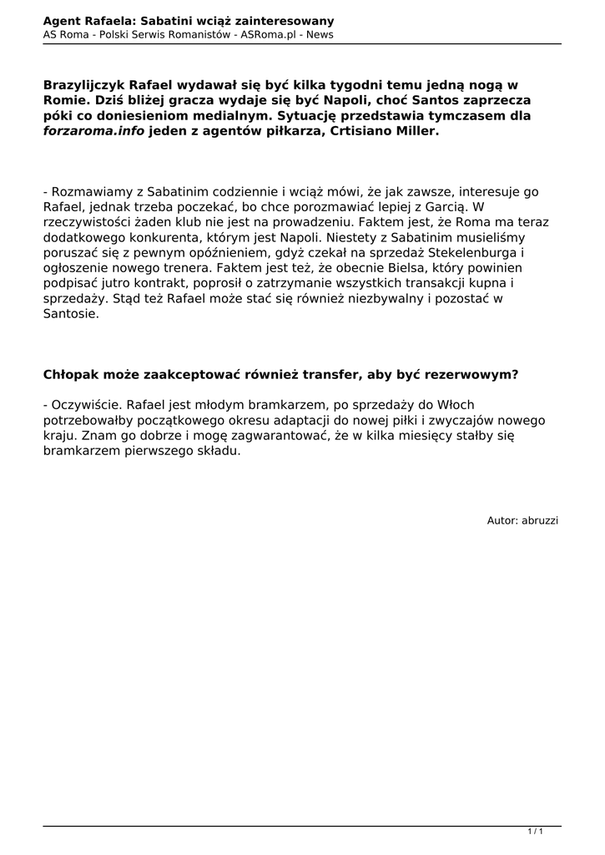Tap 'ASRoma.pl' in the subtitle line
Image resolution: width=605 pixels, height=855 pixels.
click(x=266, y=34)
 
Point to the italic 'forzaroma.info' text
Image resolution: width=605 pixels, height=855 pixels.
click(x=93, y=131)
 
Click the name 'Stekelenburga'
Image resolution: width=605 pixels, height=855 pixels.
click(x=473, y=252)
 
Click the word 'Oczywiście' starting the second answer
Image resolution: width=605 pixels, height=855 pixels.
click(x=86, y=404)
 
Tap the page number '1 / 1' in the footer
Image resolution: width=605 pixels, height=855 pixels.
click(x=536, y=832)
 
